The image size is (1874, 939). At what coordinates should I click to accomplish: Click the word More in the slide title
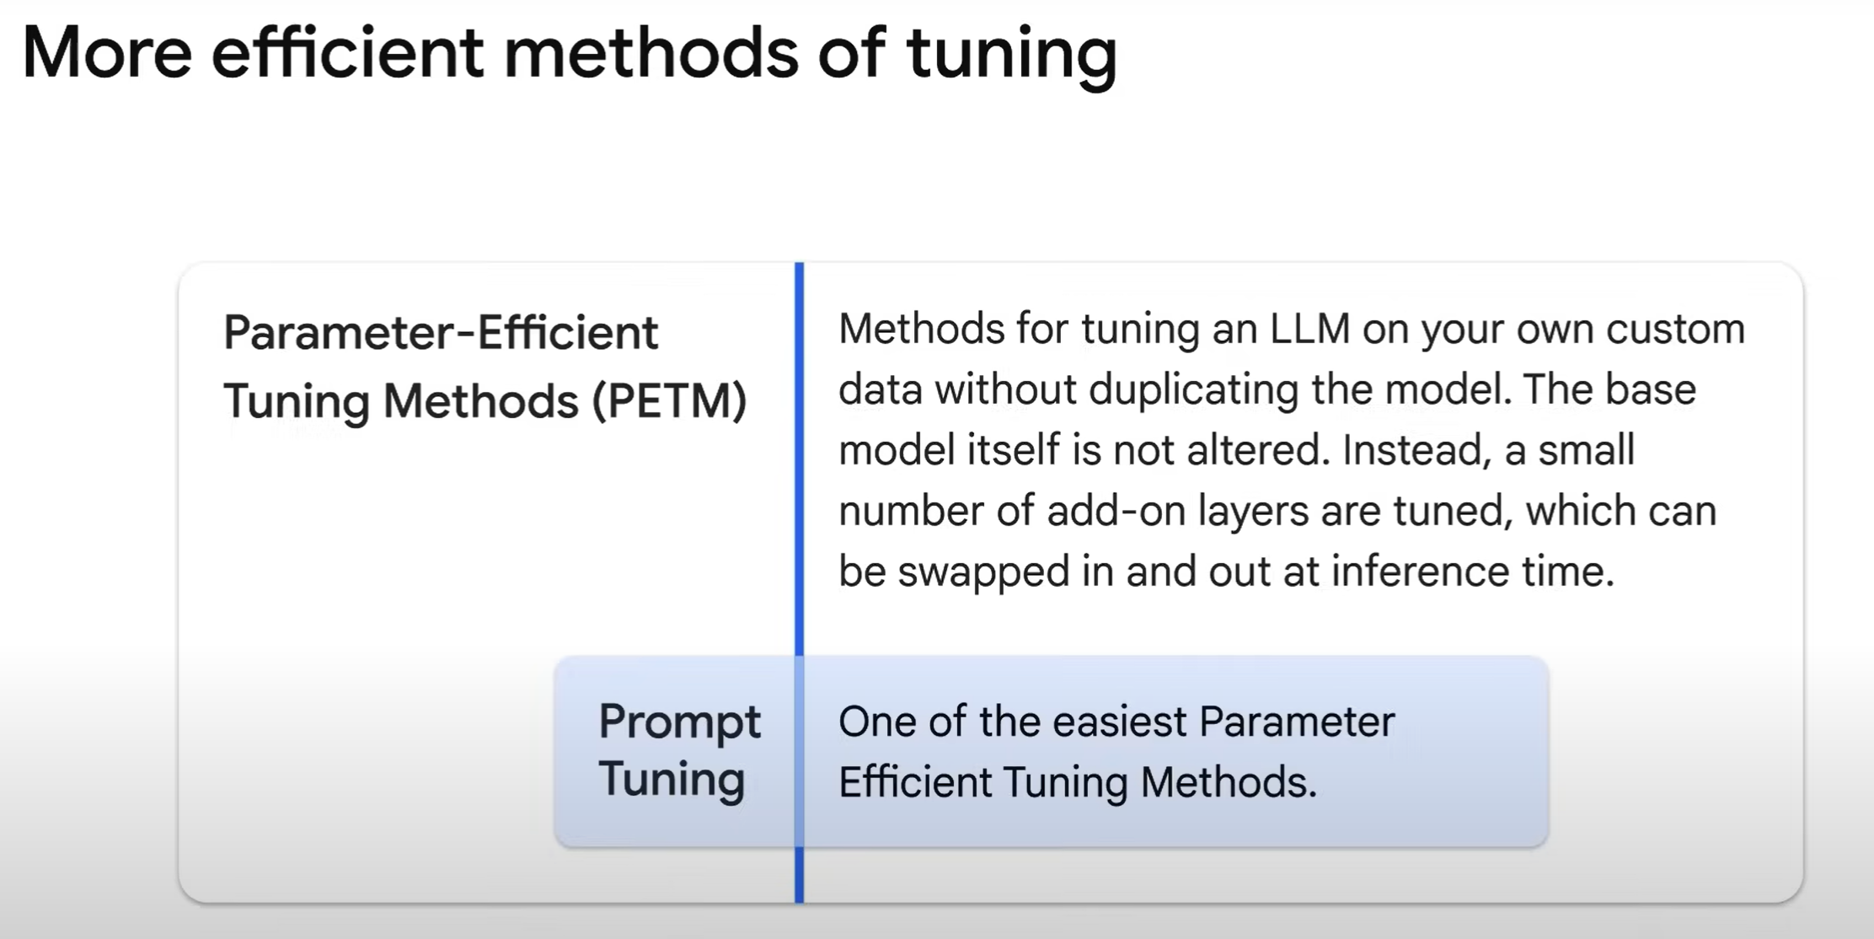tap(107, 53)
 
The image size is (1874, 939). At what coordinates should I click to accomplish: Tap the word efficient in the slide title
tap(347, 51)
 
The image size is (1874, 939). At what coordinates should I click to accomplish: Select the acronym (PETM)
tap(669, 401)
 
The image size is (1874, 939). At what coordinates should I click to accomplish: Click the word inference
tap(1420, 572)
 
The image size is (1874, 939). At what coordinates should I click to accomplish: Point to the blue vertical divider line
tap(799, 582)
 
